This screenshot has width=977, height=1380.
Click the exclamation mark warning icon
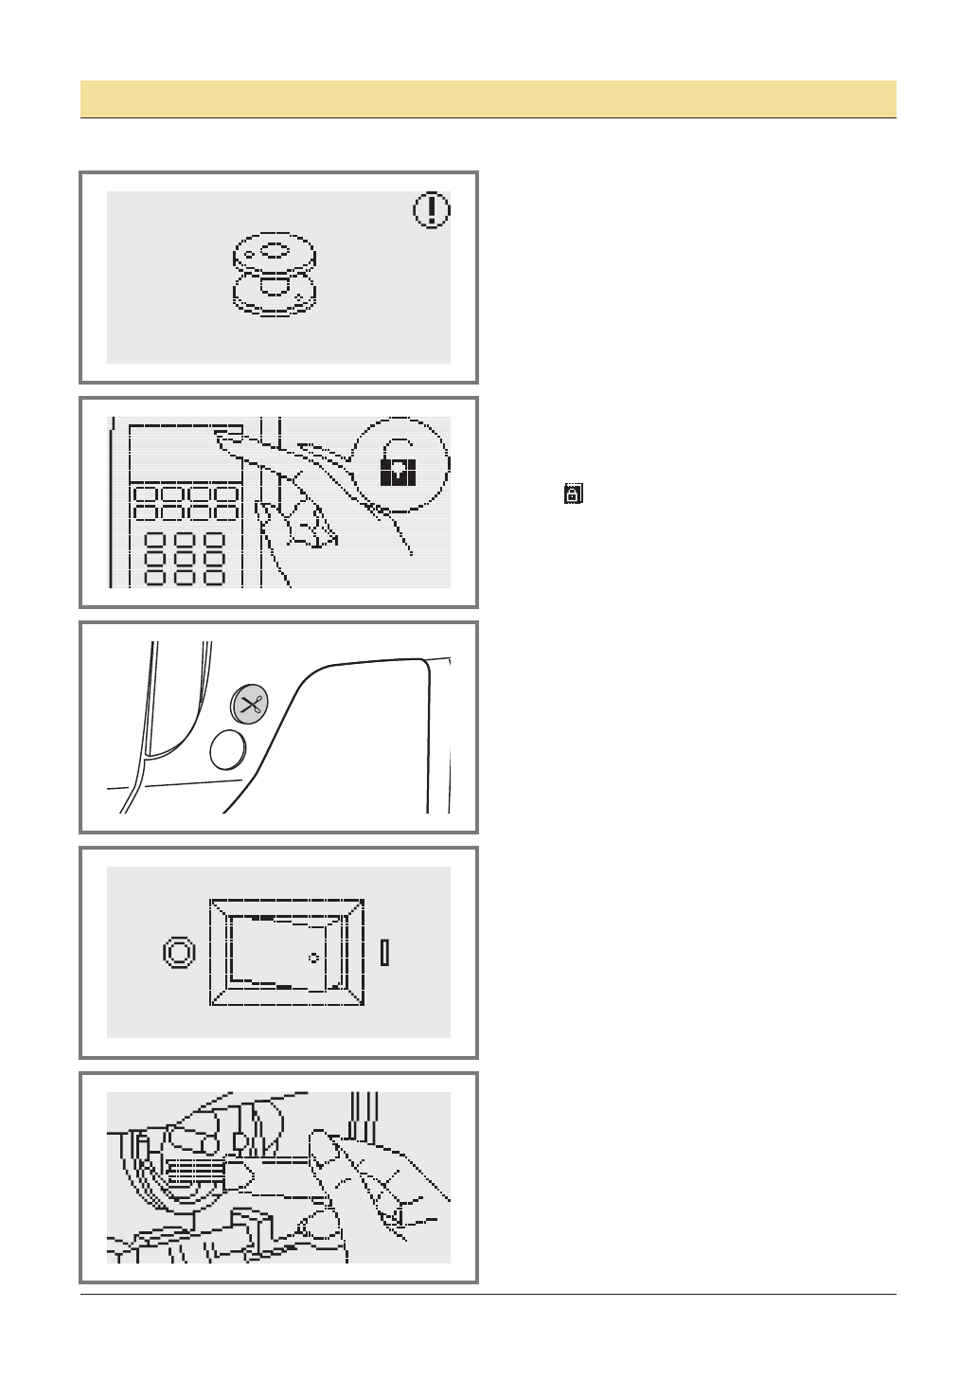pos(432,210)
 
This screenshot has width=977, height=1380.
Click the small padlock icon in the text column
pos(573,493)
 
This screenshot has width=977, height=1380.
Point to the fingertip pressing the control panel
pos(226,438)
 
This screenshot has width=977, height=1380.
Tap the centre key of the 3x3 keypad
pos(186,559)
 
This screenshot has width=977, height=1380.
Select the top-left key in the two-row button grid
pos(144,494)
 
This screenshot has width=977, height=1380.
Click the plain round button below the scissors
pos(227,750)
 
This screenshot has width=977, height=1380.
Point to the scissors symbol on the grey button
pos(250,705)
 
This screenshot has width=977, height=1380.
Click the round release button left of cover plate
pos(179,952)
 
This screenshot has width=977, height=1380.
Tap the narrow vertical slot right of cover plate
pos(384,952)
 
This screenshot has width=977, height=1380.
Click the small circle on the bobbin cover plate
pos(313,958)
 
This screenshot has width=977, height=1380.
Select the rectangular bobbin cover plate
pos(286,952)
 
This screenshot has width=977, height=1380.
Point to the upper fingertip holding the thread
pos(322,1149)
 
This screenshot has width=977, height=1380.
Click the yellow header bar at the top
pos(488,99)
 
